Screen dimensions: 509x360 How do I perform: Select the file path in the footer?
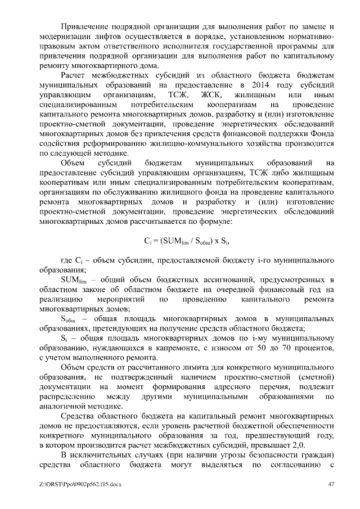point(80,484)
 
